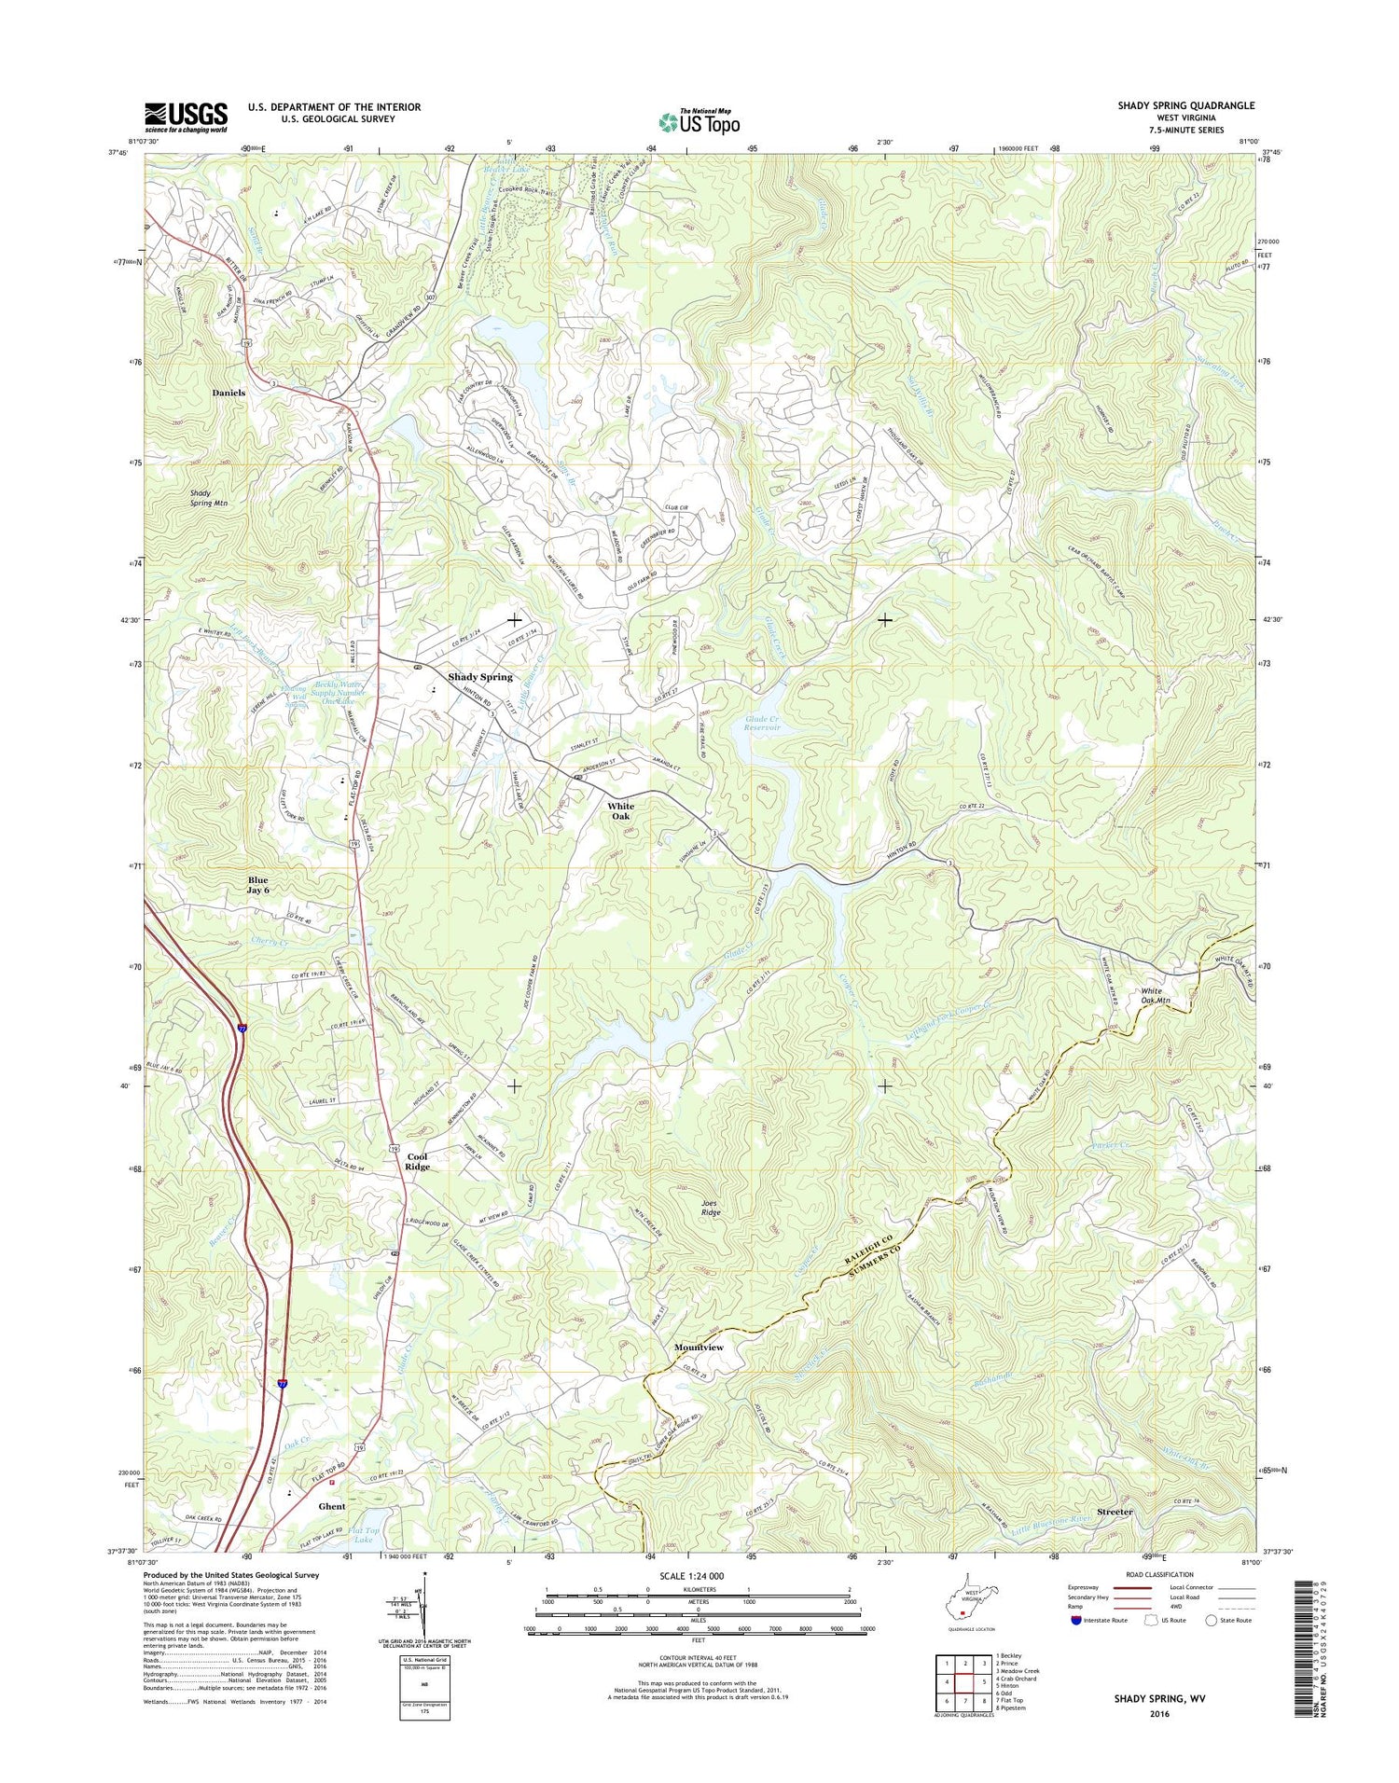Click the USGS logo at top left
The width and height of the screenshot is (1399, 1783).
tap(186, 117)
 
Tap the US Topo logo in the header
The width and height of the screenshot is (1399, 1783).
tap(699, 121)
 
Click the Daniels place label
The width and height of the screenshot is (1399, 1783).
tap(229, 394)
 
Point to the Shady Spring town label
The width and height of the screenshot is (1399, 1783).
tap(480, 677)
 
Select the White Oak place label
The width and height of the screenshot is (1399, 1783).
tap(620, 811)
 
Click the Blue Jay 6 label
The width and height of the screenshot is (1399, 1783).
tap(257, 885)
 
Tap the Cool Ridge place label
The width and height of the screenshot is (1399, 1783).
tap(417, 1162)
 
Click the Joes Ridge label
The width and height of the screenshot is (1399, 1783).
tap(711, 1208)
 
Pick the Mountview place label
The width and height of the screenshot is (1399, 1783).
tap(699, 1348)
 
